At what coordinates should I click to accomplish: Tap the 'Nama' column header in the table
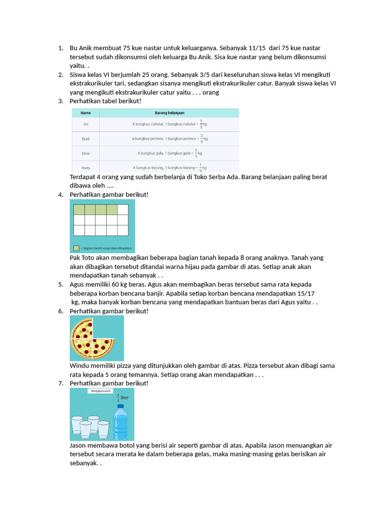(86, 113)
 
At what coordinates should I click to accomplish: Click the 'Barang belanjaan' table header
(169, 113)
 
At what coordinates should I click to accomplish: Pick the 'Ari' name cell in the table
(86, 123)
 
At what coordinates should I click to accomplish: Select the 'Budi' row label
(86, 139)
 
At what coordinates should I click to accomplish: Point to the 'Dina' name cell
(86, 153)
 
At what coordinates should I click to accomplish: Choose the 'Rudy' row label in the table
(86, 168)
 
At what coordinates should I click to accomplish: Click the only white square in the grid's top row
(123, 209)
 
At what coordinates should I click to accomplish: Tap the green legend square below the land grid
(76, 248)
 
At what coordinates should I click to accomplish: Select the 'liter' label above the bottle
(125, 398)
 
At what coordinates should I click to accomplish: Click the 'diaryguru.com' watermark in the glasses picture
(101, 390)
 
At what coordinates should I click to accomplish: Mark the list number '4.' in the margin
(61, 195)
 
